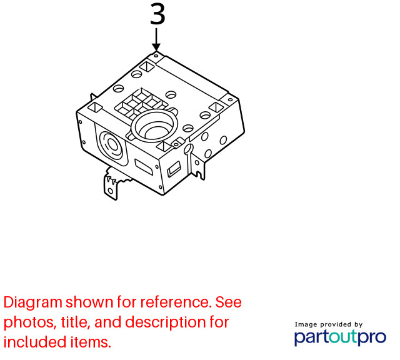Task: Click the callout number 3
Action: (157, 14)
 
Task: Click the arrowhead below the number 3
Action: (156, 47)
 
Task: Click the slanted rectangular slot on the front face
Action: (144, 167)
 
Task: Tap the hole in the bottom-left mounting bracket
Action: (111, 191)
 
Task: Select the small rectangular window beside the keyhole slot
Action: (174, 169)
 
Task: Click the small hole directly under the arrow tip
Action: (156, 56)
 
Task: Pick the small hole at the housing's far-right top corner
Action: (230, 100)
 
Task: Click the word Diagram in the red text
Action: (33, 302)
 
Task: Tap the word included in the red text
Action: (35, 342)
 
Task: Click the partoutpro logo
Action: (340, 337)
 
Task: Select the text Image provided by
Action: (329, 324)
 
